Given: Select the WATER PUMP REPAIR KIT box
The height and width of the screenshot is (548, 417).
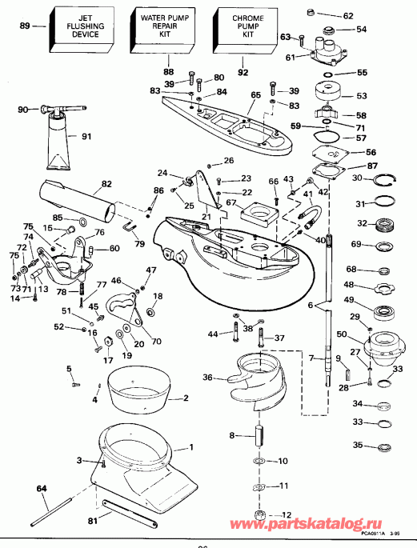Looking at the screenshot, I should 164,26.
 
